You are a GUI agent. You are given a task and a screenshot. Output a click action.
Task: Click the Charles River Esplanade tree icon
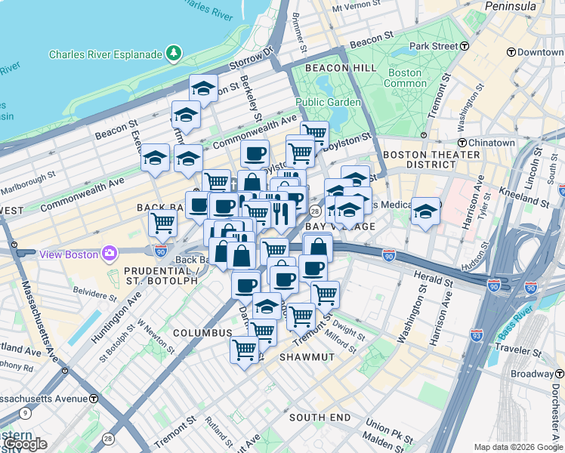coord(174,54)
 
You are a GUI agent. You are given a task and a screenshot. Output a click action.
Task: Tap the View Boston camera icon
coord(110,253)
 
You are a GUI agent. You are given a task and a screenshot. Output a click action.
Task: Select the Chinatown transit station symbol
coord(461,143)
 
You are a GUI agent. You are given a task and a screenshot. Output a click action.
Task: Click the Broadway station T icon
coord(560,374)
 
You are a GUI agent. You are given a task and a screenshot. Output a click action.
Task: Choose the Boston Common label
coord(404,78)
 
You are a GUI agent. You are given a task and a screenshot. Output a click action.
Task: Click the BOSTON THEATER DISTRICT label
coord(431,159)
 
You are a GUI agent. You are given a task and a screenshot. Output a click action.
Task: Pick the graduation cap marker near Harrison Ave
coord(425,211)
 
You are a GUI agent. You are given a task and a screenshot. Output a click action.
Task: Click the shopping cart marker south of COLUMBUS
coord(245,350)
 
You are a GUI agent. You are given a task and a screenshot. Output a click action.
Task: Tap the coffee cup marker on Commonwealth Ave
coord(255,153)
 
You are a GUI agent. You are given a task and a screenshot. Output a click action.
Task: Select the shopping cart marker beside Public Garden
coord(314,134)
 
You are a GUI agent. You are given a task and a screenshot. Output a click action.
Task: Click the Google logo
coord(25,444)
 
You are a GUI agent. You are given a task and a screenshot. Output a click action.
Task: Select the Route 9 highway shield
coord(26,413)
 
